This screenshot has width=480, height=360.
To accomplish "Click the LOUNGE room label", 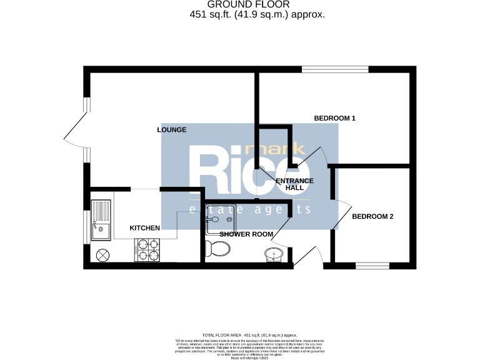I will point(172,130).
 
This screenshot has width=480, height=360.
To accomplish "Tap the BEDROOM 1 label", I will point(334,118).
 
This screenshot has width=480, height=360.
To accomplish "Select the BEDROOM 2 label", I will point(372,217).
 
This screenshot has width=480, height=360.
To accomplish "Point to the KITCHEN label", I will point(144,228).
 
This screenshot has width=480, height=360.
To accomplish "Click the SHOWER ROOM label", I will point(246,234).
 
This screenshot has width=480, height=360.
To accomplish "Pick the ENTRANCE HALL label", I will point(294,184).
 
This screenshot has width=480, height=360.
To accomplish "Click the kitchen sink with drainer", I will point(101,219).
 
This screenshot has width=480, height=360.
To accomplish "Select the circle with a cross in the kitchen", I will point(102,254).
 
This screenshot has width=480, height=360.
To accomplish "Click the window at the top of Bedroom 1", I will point(335,69).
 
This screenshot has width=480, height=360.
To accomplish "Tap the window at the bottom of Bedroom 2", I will point(372,266).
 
